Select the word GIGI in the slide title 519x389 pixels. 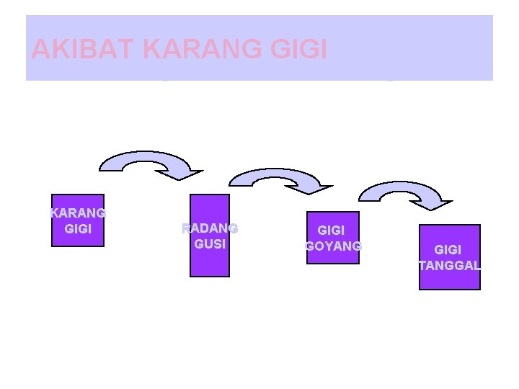tap(298, 49)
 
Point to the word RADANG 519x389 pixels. tap(210, 228)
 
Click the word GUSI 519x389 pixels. tap(210, 243)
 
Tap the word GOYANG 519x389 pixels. tap(333, 246)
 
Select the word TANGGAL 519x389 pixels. tap(450, 265)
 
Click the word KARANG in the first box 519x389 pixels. tap(78, 213)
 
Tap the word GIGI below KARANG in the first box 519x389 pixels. tap(78, 229)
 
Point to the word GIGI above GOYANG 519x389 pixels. tap(332, 231)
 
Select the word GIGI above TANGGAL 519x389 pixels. tap(448, 250)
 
